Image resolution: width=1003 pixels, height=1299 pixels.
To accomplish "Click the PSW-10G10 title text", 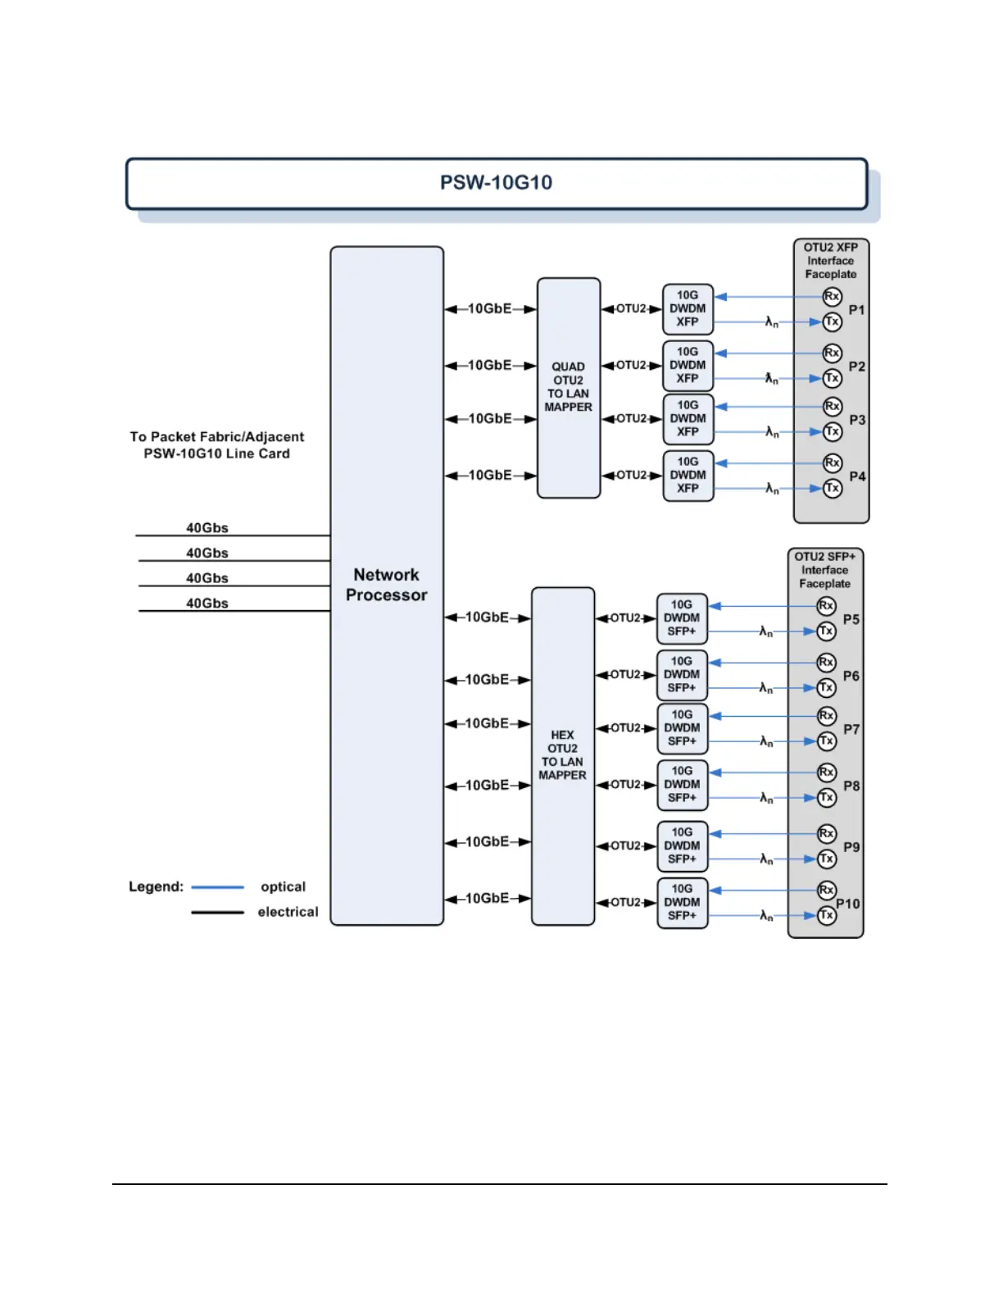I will (x=496, y=182).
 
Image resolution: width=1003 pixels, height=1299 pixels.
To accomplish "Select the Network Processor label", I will (x=386, y=585).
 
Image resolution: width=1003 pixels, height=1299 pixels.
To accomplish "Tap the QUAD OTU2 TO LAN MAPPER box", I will (x=569, y=387).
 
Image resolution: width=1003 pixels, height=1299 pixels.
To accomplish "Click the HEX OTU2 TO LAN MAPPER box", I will (x=562, y=755).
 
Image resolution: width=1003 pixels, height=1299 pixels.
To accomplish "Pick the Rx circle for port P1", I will (x=832, y=296).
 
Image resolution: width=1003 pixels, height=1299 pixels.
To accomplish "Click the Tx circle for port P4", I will (x=833, y=488).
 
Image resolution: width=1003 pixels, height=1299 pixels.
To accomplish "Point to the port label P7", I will (x=851, y=729).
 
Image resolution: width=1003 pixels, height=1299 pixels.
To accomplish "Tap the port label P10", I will (x=848, y=904).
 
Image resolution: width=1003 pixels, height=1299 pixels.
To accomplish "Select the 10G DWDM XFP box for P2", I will (x=688, y=365).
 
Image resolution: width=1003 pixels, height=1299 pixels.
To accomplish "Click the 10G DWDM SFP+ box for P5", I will (x=682, y=618).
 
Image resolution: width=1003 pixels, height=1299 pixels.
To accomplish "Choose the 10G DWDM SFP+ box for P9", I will (x=683, y=845).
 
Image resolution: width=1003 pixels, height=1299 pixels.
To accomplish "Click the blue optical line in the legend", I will (x=217, y=887).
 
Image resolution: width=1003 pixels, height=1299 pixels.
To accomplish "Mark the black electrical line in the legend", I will (x=217, y=912).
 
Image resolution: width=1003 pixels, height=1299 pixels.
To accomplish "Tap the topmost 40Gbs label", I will (x=207, y=528).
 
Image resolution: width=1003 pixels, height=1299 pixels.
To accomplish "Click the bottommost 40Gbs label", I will (x=207, y=604).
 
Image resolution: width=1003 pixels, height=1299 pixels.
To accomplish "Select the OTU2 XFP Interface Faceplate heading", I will (x=831, y=261).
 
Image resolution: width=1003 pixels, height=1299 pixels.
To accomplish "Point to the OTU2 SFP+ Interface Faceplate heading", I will (x=825, y=570).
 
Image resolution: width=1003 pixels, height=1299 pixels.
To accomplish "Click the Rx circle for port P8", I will (x=827, y=772).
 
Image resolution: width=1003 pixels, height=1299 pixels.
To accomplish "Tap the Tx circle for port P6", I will (x=827, y=687).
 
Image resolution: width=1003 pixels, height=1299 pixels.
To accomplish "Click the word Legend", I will (x=156, y=887).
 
